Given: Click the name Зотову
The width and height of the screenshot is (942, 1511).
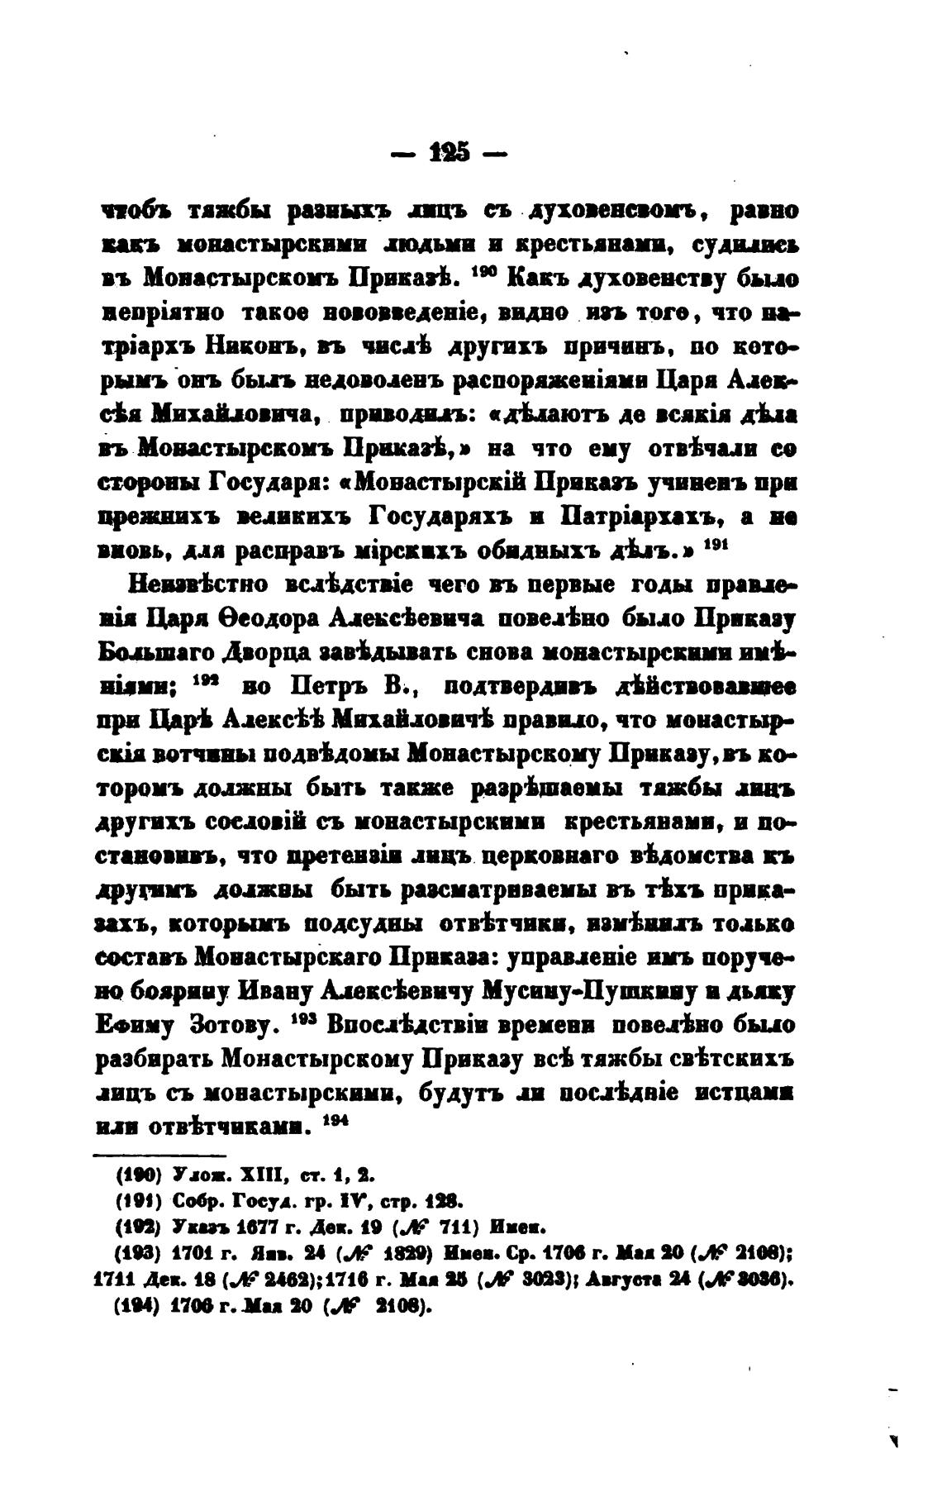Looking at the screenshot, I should [232, 1027].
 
